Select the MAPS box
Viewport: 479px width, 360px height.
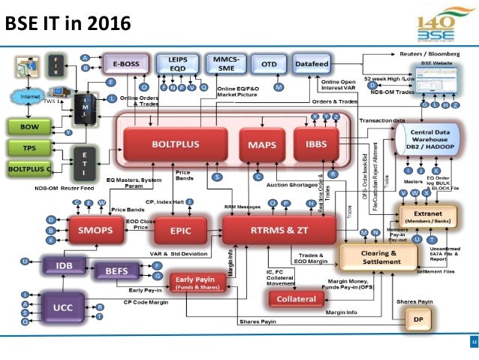(257, 144)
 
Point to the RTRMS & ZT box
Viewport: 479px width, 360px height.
(279, 228)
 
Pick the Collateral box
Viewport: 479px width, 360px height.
(297, 299)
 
